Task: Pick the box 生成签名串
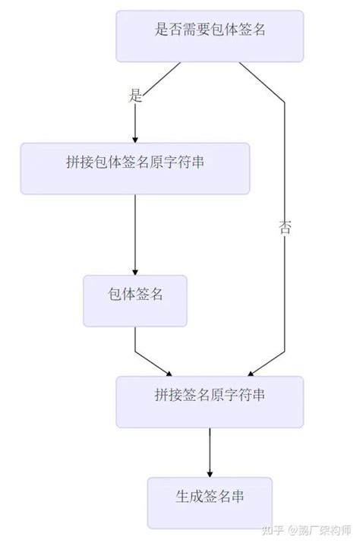coord(210,502)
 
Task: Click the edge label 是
coord(136,96)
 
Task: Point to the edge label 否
coord(285,228)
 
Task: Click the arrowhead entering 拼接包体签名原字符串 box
coord(135,138)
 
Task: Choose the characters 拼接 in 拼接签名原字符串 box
coord(168,396)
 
